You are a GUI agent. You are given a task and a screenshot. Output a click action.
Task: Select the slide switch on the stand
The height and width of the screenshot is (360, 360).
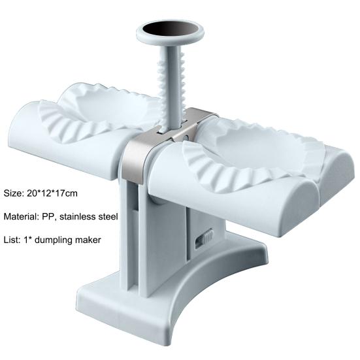[x=204, y=238]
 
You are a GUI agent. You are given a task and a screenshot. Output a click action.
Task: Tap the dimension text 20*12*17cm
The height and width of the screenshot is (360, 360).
[x=52, y=193]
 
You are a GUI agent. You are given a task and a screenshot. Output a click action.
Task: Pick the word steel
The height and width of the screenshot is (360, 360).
[x=109, y=216]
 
